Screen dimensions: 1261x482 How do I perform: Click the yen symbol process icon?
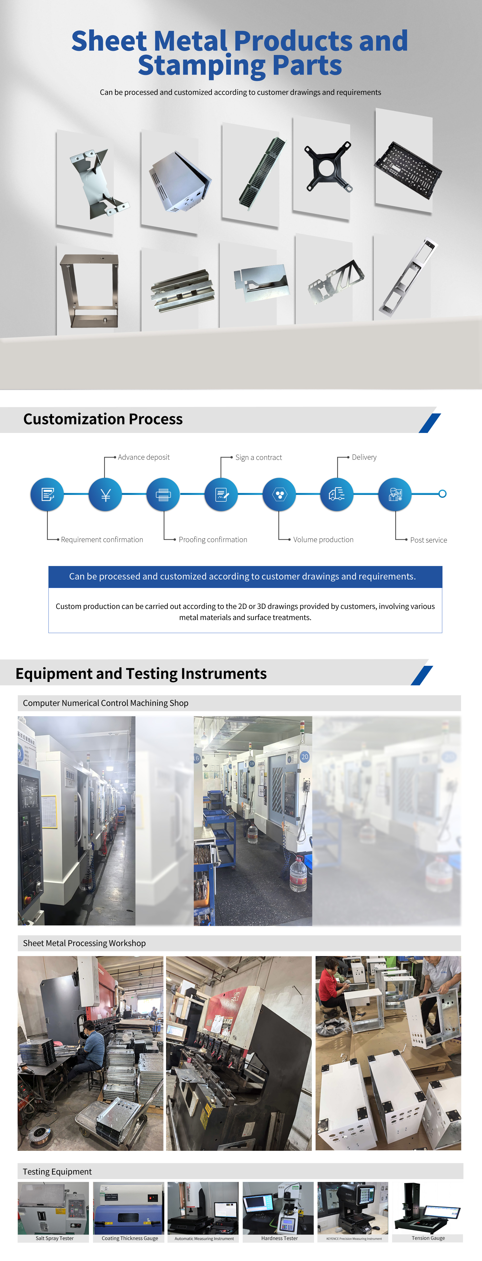[x=105, y=494]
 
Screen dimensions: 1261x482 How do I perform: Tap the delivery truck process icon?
[x=337, y=494]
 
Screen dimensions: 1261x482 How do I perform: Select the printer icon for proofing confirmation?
[x=163, y=494]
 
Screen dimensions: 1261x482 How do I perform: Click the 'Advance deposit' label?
[x=143, y=457]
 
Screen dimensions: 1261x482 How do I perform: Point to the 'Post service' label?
[x=428, y=540]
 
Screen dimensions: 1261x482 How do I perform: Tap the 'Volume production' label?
[x=323, y=539]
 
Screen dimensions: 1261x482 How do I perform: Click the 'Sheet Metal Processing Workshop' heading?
[x=84, y=943]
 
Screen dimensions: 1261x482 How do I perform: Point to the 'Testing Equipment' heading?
[x=57, y=1171]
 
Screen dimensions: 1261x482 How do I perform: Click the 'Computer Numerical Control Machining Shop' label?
[x=106, y=703]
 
